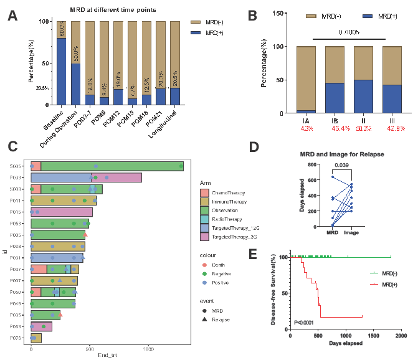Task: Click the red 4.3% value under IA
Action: [x=306, y=128]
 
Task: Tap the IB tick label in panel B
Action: [x=335, y=120]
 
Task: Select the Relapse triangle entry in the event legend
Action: [x=221, y=320]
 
